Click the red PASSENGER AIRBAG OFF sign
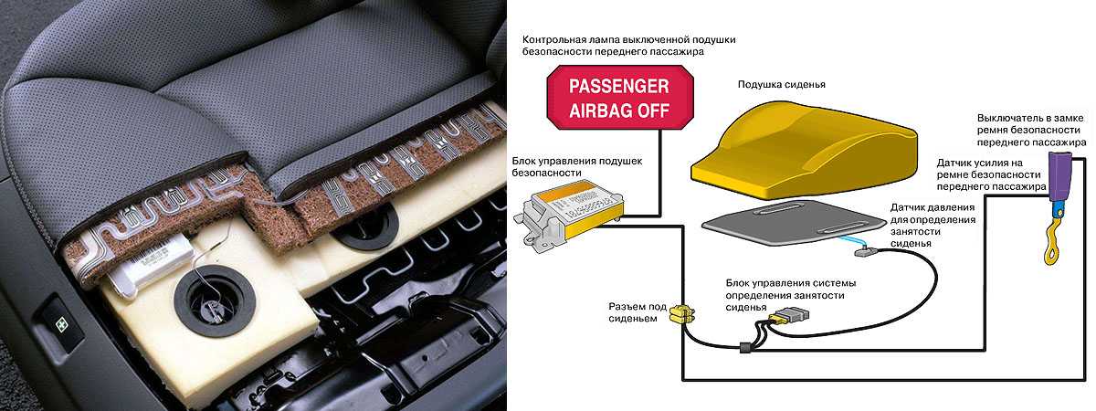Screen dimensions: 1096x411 click(619, 98)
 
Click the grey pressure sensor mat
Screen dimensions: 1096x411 click(793, 222)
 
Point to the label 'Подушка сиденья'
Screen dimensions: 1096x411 click(782, 84)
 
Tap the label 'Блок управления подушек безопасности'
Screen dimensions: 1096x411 click(577, 166)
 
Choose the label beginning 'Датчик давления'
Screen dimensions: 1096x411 click(933, 225)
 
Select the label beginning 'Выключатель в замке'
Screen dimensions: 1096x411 click(1031, 130)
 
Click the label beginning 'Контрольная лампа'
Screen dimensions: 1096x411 click(628, 45)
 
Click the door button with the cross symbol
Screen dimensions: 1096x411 click(60, 325)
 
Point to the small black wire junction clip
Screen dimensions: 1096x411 click(744, 348)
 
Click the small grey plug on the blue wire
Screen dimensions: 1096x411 click(866, 252)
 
